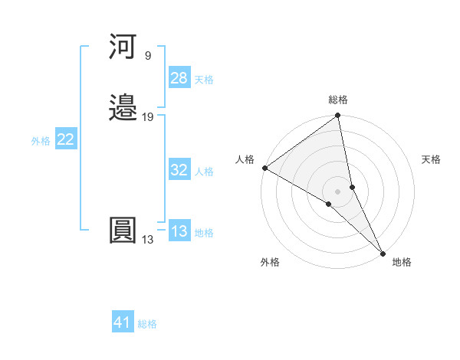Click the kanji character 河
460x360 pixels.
point(123,47)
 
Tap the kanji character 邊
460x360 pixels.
point(123,109)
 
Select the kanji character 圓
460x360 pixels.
point(123,231)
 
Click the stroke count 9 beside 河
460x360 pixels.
point(147,56)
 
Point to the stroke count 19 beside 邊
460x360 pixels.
point(148,117)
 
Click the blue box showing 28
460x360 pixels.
point(179,78)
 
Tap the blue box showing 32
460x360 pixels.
point(179,170)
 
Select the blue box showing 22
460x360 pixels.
point(66,139)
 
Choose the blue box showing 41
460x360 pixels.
point(123,322)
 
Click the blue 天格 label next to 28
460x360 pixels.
point(204,80)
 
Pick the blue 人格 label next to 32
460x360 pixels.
point(204,172)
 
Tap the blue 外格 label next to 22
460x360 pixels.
point(41,141)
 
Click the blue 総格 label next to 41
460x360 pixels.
point(147,324)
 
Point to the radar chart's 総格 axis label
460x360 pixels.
point(338,100)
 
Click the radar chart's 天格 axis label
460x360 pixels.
point(432,159)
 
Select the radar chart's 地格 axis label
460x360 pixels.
point(402,262)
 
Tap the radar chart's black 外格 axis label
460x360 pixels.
point(270,262)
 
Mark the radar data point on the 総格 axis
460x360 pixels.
point(338,116)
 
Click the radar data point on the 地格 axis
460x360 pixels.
point(383,252)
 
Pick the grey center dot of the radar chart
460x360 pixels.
point(338,191)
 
